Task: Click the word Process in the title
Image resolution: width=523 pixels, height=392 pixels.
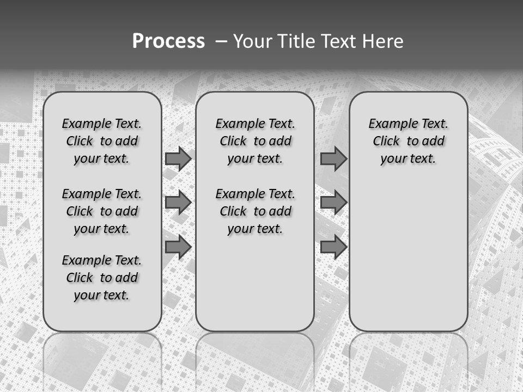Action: (x=168, y=41)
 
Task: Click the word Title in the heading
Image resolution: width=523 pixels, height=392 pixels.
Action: (x=295, y=41)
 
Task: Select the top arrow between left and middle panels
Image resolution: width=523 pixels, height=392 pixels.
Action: (x=178, y=158)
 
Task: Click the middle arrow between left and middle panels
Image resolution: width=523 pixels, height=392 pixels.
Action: (x=178, y=203)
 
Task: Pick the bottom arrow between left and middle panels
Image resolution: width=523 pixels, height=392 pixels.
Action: (x=178, y=247)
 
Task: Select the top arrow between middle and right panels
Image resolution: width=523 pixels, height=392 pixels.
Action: (x=333, y=158)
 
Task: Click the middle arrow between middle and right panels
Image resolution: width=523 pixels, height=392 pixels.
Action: (x=333, y=203)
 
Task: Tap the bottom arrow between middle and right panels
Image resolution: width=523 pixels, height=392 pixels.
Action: (x=333, y=247)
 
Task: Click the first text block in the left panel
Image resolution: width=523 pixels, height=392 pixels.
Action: (x=102, y=141)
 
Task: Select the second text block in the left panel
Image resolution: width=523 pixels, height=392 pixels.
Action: (x=102, y=211)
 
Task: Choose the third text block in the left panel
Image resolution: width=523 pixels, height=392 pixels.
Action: (x=102, y=278)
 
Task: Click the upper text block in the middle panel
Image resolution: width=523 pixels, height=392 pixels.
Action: (x=255, y=141)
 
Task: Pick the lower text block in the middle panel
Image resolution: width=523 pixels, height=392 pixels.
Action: (x=255, y=211)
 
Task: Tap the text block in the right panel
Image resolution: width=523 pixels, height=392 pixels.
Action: (x=408, y=141)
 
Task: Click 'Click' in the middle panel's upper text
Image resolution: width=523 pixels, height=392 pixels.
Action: (x=233, y=142)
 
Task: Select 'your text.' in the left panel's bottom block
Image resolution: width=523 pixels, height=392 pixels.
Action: (x=101, y=295)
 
